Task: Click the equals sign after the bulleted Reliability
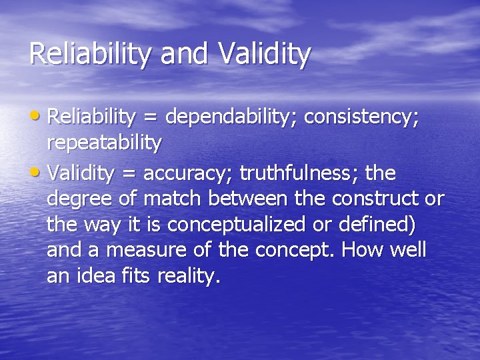tap(151, 118)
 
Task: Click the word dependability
tap(231, 117)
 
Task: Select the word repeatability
tap(104, 143)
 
